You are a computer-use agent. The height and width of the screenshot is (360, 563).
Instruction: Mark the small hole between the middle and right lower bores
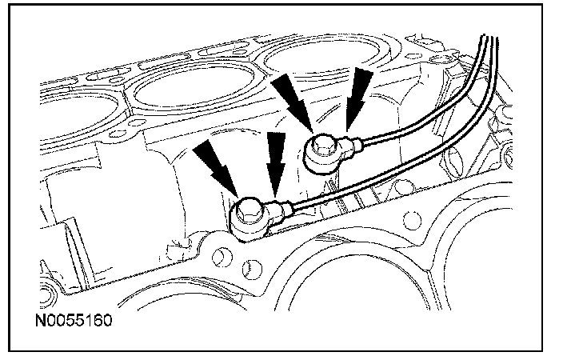413,218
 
